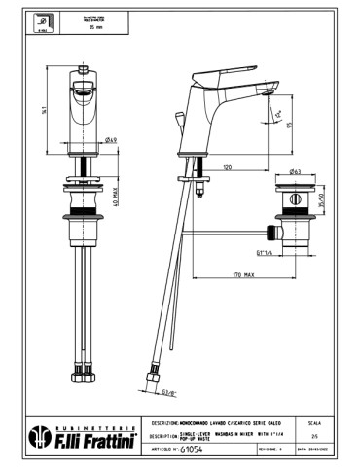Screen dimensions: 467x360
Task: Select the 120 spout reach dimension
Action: click(226, 167)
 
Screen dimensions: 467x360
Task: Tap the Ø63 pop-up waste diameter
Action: click(294, 169)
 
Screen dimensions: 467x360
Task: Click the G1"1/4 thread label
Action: click(263, 253)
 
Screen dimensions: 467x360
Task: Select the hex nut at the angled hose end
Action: click(152, 376)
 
